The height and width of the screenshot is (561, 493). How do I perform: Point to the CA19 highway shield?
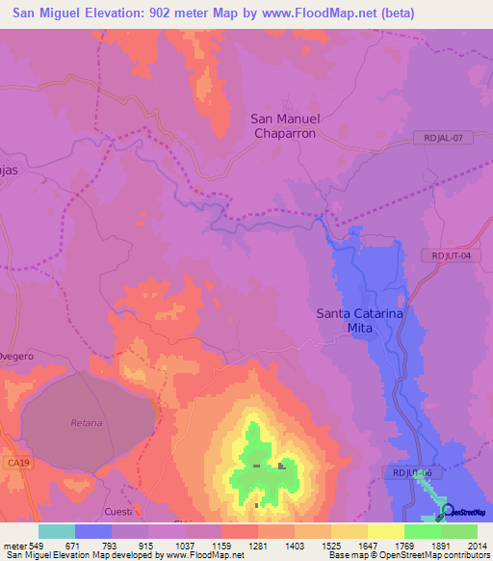tap(13, 463)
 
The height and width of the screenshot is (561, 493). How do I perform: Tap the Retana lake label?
tap(86, 423)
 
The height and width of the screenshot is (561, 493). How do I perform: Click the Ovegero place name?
tap(17, 356)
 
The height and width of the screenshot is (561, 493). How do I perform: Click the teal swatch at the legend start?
tap(57, 531)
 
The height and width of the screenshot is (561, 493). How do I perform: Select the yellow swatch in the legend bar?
tap(385, 531)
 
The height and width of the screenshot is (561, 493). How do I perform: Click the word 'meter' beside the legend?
tap(14, 545)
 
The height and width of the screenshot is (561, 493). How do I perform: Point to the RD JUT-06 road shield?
tap(417, 473)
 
